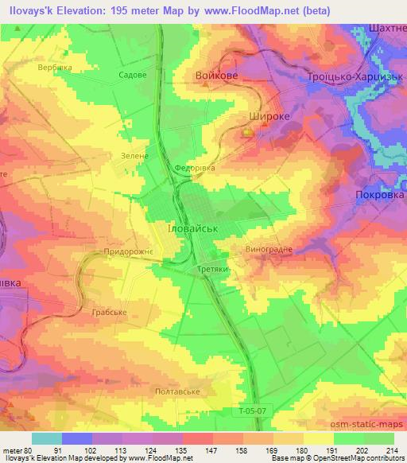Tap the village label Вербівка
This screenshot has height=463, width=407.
coord(55,68)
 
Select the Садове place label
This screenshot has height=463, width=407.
coord(132,74)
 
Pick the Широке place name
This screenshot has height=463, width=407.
coord(262,115)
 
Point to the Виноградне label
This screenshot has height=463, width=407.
coord(269,249)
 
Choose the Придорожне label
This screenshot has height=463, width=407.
coord(129,251)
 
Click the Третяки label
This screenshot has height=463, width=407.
coord(213,270)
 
